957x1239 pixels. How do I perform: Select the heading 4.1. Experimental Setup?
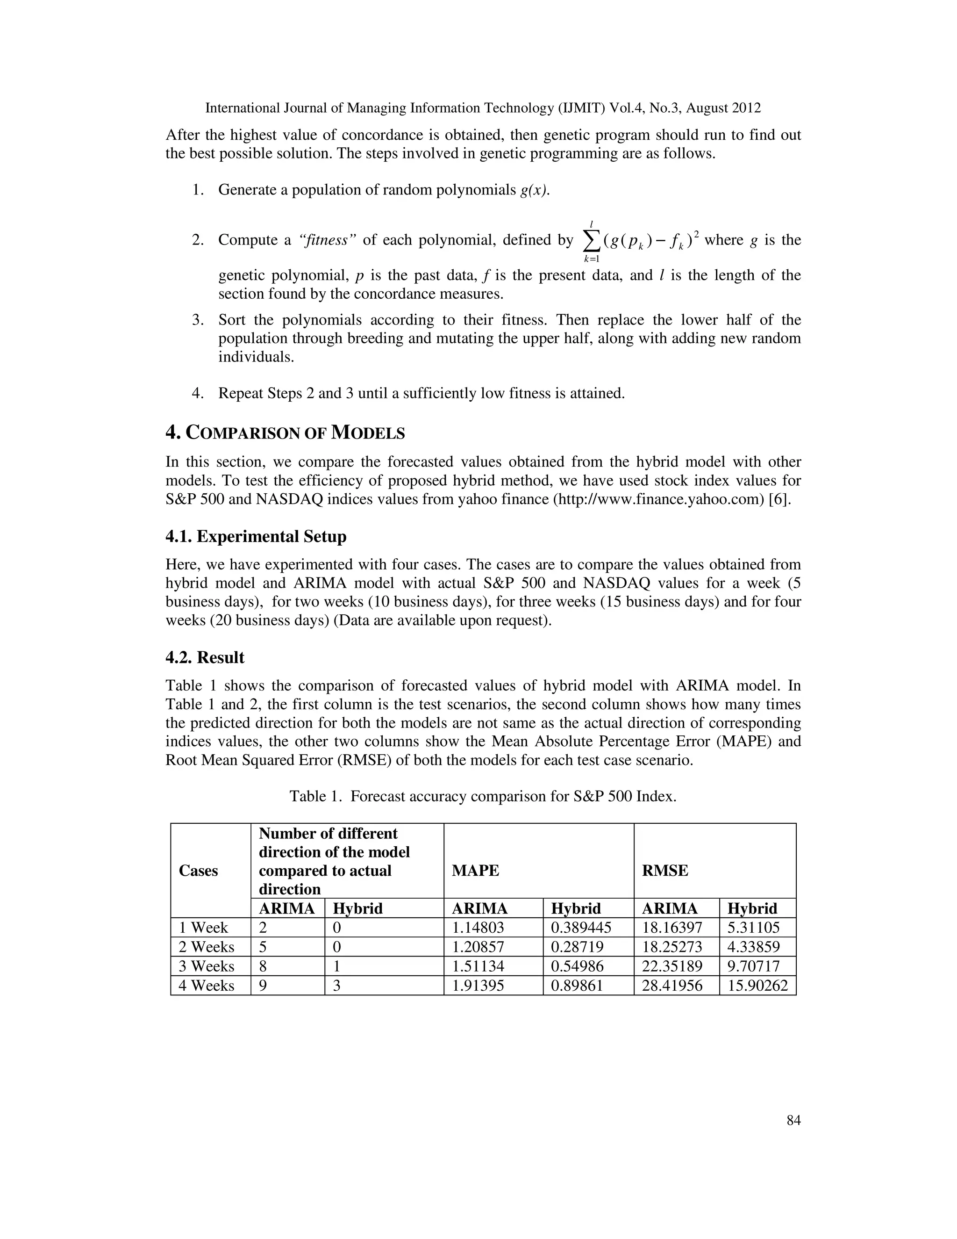[256, 537]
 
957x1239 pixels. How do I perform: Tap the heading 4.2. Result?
[205, 657]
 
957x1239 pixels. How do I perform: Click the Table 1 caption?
[483, 797]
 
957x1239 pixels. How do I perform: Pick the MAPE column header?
[475, 871]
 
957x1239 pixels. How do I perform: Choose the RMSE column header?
[664, 871]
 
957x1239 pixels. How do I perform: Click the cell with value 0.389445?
[581, 928]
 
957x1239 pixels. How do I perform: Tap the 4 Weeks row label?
[207, 986]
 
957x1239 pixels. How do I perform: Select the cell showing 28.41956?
[672, 986]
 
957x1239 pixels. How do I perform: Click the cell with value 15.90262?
[757, 986]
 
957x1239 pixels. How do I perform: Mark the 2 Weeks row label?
[207, 947]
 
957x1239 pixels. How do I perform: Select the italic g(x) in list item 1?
[534, 190]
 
